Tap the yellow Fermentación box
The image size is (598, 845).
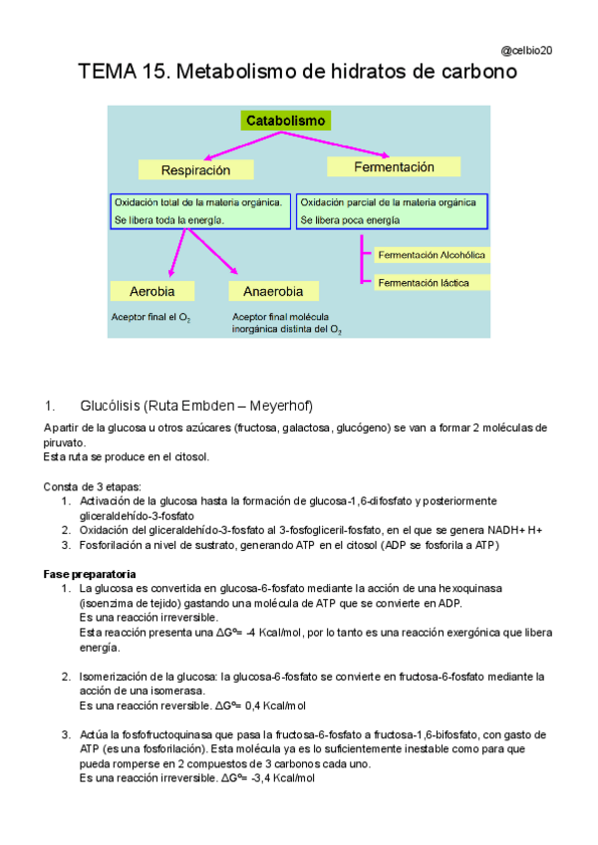pos(394,167)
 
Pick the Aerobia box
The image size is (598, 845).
pos(152,291)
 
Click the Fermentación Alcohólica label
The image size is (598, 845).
pos(432,255)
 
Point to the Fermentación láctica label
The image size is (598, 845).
pos(424,283)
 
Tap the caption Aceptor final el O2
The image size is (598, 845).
pos(150,318)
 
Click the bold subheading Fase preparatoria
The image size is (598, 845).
pos(90,575)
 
